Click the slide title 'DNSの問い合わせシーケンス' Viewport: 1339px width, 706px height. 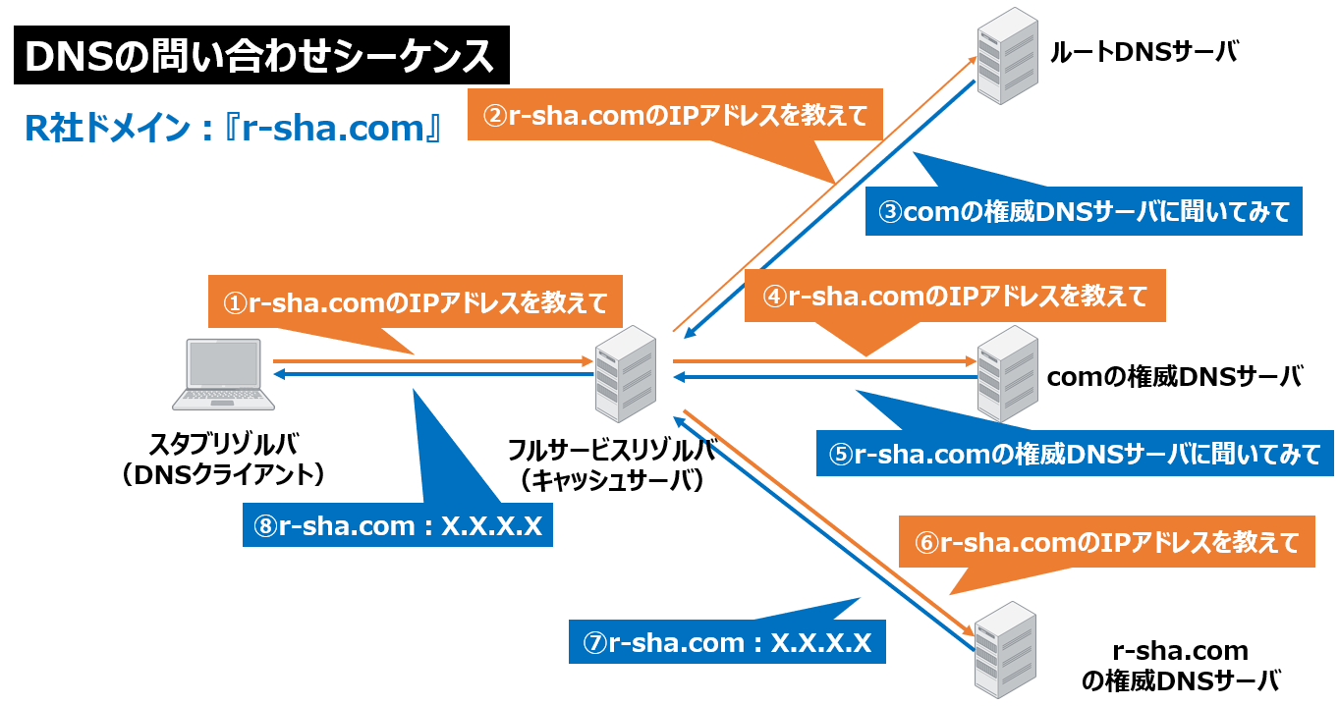pyautogui.click(x=260, y=58)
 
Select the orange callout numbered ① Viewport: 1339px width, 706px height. pyautogui.click(x=417, y=303)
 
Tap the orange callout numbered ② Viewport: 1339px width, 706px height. pyautogui.click(x=676, y=116)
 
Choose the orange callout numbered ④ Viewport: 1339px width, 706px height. pyautogui.click(x=954, y=296)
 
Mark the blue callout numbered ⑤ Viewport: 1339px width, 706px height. pyautogui.click(x=1075, y=454)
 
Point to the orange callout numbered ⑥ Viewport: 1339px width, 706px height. pyautogui.click(x=1105, y=542)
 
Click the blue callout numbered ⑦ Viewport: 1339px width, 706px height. pyautogui.click(x=727, y=643)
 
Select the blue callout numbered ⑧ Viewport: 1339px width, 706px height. pyautogui.click(x=398, y=525)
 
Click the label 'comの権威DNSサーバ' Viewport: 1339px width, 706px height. pyautogui.click(x=1174, y=376)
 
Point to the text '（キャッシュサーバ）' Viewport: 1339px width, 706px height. pyautogui.click(x=612, y=480)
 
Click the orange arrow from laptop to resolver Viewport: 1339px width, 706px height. pyautogui.click(x=432, y=362)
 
